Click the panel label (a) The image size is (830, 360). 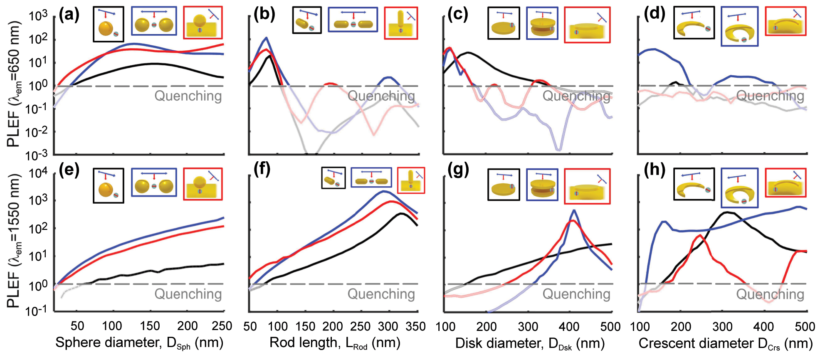(69, 15)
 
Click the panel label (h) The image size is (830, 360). (654, 170)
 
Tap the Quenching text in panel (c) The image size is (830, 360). (576, 96)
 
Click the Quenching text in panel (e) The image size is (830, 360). (188, 294)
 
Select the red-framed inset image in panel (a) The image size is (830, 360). (203, 22)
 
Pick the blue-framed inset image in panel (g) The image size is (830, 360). (542, 185)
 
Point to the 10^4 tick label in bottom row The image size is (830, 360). (38, 173)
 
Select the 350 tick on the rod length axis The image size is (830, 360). (415, 326)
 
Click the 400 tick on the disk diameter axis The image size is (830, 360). (569, 326)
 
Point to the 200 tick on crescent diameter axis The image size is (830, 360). (681, 326)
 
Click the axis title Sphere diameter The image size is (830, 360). (139, 343)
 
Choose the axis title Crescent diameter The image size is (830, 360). (726, 343)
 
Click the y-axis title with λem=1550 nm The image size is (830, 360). (14, 241)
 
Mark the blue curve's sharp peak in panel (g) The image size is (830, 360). (574, 210)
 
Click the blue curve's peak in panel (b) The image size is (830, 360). (266, 38)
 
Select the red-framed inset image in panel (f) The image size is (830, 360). (411, 180)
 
